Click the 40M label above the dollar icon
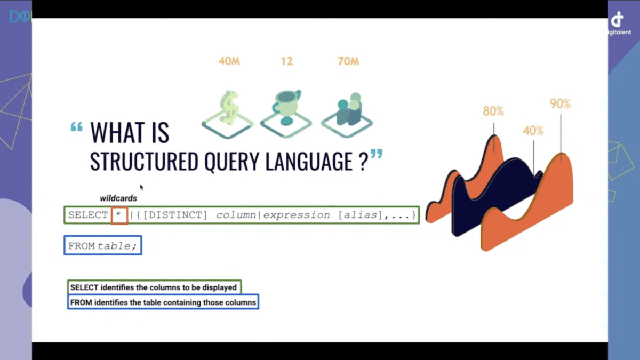pos(229,61)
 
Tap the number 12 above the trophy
pos(287,61)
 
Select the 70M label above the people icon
pos(348,61)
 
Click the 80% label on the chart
pos(493,111)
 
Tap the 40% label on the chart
pos(533,131)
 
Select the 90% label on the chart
pos(561,103)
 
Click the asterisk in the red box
pos(119,215)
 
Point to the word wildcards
pos(118,198)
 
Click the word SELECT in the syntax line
pos(88,215)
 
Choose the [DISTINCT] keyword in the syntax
pos(175,215)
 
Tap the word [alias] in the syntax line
pos(360,215)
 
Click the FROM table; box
pos(103,245)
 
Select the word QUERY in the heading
pos(231,162)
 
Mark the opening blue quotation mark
pos(77,126)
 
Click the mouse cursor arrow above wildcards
pos(141,187)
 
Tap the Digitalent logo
pos(619,23)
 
